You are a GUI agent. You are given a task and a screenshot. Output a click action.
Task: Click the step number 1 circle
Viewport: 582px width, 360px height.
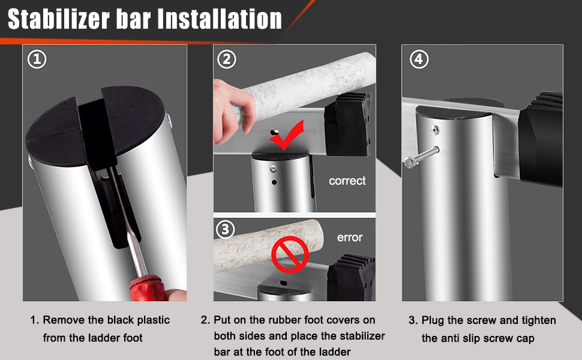pyautogui.click(x=37, y=59)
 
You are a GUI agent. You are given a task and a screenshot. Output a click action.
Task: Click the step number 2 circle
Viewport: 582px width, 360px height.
pyautogui.click(x=227, y=59)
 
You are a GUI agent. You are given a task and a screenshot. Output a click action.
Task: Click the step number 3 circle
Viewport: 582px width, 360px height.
pyautogui.click(x=224, y=230)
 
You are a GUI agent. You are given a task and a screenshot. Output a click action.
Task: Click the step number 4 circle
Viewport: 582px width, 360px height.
pyautogui.click(x=418, y=59)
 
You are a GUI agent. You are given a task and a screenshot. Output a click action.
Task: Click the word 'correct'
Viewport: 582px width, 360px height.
pyautogui.click(x=347, y=181)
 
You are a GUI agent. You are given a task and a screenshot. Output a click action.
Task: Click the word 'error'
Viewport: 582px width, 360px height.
pyautogui.click(x=349, y=238)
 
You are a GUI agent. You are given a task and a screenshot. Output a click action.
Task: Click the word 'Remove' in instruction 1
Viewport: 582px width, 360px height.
pyautogui.click(x=62, y=320)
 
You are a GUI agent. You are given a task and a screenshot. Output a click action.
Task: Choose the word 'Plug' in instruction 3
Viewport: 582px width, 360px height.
pyautogui.click(x=433, y=320)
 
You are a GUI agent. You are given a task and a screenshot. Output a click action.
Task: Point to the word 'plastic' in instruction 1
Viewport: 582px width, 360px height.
pyautogui.click(x=152, y=320)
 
